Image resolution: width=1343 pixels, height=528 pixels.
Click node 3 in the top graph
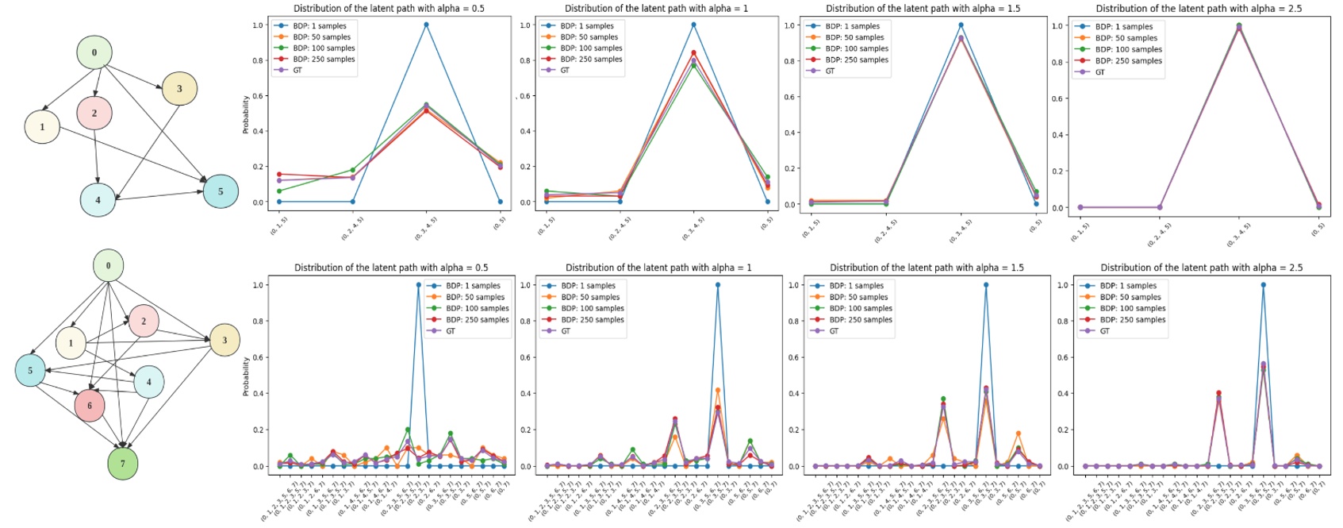point(179,88)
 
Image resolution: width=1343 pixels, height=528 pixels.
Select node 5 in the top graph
point(221,191)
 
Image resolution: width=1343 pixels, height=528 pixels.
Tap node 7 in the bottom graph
point(123,463)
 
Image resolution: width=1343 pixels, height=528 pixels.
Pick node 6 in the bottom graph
point(90,405)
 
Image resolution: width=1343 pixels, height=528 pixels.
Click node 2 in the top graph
point(94,113)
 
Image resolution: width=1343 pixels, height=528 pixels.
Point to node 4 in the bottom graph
point(148,382)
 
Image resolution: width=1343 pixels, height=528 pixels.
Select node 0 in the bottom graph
point(109,265)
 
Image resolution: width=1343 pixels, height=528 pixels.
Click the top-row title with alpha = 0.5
point(389,8)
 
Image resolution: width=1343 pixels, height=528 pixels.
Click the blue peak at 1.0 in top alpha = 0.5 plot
point(426,25)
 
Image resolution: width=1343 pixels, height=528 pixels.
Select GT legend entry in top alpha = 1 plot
point(565,70)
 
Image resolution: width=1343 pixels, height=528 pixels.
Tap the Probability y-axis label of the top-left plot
point(246,114)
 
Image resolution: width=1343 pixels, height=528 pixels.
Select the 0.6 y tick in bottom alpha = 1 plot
point(524,357)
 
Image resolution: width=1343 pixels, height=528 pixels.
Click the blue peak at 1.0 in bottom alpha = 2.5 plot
point(1263,285)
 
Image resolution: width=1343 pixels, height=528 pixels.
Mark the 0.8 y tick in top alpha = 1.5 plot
point(789,61)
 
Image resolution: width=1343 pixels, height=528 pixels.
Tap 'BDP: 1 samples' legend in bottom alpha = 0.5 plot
point(473,286)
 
